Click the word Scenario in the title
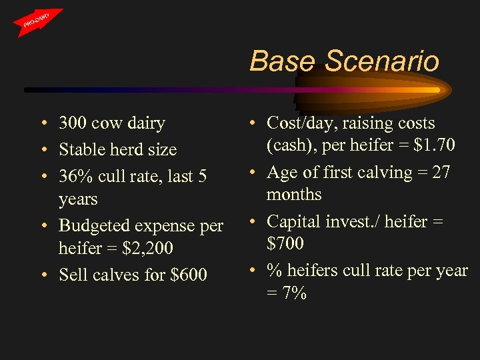[382, 61]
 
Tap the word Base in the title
[284, 61]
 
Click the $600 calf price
[189, 275]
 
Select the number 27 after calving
[441, 172]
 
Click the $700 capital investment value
[285, 243]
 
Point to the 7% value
[294, 293]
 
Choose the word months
[294, 195]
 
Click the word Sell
[72, 275]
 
